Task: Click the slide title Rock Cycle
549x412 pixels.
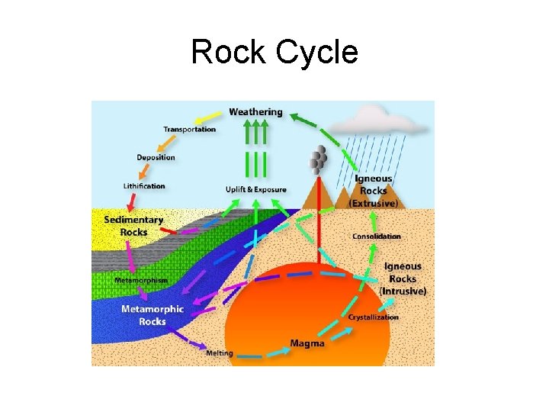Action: click(x=274, y=53)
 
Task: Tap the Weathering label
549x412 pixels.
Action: click(x=255, y=112)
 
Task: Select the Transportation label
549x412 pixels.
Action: click(x=190, y=130)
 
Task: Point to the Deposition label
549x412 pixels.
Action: click(x=156, y=158)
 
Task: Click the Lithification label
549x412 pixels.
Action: click(x=144, y=186)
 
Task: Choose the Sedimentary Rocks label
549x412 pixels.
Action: click(x=133, y=226)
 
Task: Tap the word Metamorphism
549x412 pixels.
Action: click(x=141, y=281)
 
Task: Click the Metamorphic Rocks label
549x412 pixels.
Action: click(x=152, y=315)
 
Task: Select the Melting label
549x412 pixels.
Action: click(x=220, y=354)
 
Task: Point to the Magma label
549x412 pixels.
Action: click(x=307, y=344)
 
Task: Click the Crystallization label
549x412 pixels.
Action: click(x=374, y=317)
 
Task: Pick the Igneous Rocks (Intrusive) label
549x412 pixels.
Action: click(x=403, y=279)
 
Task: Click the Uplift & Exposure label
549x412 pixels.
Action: click(x=256, y=189)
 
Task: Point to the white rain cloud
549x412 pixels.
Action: click(x=375, y=118)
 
